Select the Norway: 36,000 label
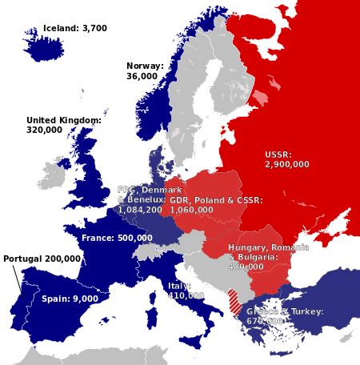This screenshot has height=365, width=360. (145, 71)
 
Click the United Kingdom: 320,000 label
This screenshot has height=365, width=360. (64, 124)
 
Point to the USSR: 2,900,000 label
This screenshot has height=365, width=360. (286, 159)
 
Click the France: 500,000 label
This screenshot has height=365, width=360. (117, 238)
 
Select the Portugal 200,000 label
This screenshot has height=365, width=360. (42, 259)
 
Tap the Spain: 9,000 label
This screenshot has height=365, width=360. (70, 298)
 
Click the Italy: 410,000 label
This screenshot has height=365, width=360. (186, 291)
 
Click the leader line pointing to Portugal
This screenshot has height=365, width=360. (17, 279)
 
